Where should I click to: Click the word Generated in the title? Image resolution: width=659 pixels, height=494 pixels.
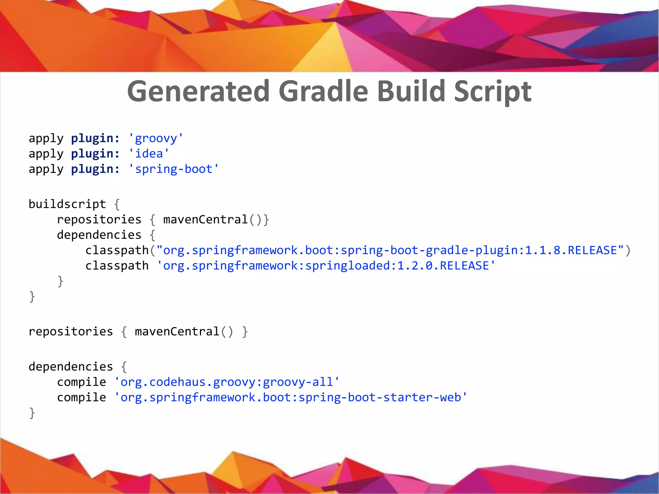point(198,91)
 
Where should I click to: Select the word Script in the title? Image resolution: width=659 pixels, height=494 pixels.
point(492,91)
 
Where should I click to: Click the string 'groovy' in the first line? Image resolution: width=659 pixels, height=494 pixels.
point(156,138)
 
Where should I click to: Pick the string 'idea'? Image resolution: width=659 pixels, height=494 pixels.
point(149,154)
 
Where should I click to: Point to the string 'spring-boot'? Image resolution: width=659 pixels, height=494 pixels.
point(173,169)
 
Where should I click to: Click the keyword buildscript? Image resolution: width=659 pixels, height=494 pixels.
point(67,204)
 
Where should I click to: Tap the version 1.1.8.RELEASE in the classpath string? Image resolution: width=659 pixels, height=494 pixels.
point(571,250)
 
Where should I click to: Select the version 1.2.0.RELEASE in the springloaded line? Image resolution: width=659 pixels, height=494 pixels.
point(443,266)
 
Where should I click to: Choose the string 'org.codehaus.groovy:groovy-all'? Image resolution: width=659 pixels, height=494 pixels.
point(227,382)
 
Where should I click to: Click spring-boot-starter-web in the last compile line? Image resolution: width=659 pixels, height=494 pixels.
point(380,398)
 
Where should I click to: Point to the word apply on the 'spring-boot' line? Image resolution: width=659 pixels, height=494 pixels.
point(46,169)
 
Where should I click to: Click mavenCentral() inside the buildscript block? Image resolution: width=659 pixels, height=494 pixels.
point(212,220)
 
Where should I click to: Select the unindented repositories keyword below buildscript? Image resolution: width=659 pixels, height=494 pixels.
point(71,332)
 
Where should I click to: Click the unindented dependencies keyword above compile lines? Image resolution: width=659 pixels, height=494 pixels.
point(71,367)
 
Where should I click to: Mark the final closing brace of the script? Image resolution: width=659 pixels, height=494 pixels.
point(32,413)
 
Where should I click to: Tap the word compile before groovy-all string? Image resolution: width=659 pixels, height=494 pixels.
point(81,382)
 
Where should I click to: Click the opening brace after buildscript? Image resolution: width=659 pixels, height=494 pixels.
point(117,204)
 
